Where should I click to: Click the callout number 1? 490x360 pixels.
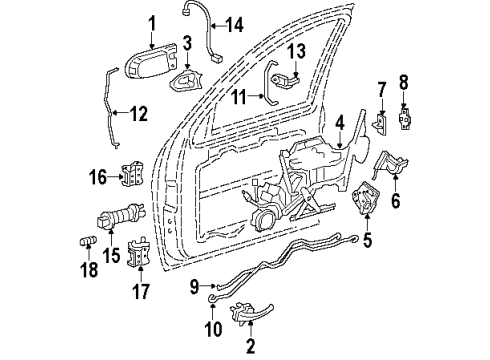coord(152,23)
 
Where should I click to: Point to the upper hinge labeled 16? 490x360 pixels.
coord(128,178)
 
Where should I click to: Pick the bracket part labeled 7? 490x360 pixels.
coord(380,124)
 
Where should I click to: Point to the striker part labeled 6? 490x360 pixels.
coord(390,163)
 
